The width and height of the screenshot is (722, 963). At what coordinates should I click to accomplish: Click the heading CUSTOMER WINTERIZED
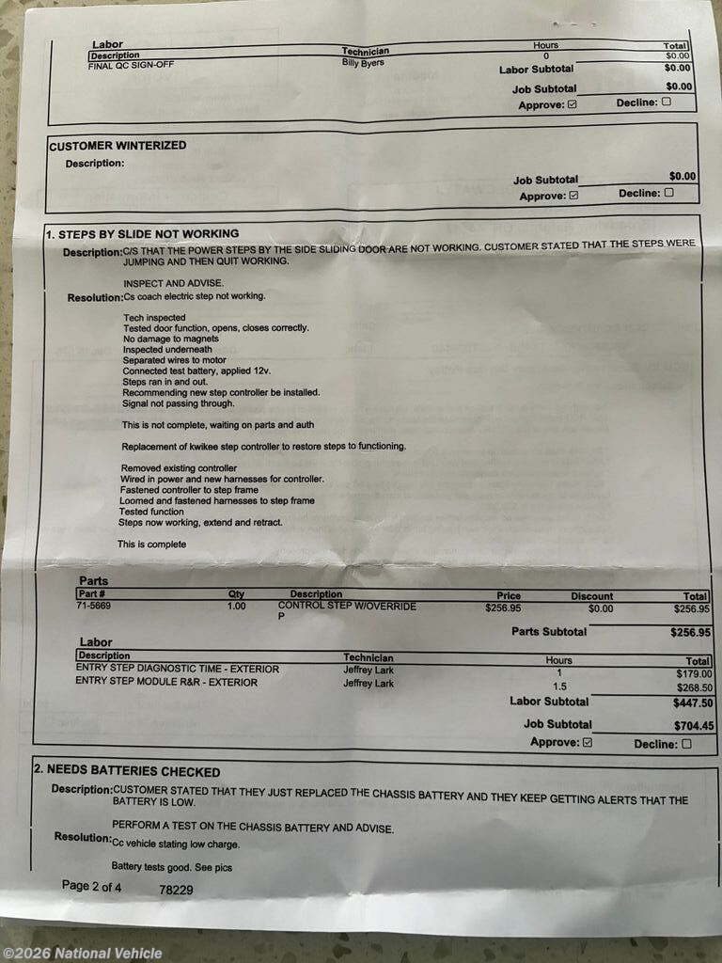click(118, 146)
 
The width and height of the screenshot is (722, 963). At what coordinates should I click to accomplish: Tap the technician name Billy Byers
click(363, 63)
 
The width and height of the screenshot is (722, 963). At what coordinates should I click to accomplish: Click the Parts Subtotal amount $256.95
click(690, 633)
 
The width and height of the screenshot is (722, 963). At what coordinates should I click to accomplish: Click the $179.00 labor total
click(695, 673)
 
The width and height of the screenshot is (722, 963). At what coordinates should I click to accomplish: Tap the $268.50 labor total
click(695, 687)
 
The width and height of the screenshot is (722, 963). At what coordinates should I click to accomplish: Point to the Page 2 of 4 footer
click(91, 886)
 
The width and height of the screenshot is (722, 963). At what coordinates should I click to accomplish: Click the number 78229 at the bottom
click(176, 889)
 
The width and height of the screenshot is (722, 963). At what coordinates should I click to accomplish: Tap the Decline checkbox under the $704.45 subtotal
click(685, 744)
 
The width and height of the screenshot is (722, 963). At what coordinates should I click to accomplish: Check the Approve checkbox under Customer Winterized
click(573, 197)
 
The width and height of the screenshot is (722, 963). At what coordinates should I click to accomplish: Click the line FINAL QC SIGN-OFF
click(131, 65)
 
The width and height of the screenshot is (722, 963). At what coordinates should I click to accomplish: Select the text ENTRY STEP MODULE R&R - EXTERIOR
click(165, 682)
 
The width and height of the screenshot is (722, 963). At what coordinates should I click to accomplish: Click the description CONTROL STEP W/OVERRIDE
click(347, 607)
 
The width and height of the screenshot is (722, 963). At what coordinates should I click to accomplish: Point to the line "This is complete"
click(151, 545)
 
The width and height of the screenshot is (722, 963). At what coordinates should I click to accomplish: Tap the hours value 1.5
click(560, 687)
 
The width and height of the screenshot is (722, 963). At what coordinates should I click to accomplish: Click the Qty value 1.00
click(236, 607)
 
